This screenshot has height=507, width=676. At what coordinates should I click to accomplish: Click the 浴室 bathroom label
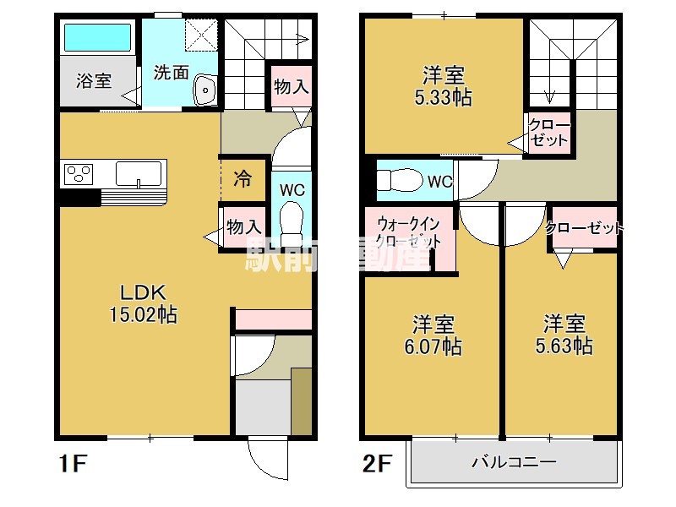tap(94, 81)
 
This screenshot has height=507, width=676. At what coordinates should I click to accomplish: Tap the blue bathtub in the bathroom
tap(98, 37)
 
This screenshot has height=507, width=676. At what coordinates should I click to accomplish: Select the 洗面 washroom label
tap(171, 73)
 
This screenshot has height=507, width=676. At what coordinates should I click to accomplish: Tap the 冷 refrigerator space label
tap(243, 179)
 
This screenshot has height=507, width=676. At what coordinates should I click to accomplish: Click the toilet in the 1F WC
tap(292, 221)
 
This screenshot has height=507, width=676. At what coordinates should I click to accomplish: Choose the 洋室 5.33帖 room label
tap(444, 85)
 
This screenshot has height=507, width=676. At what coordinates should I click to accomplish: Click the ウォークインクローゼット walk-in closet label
tap(409, 232)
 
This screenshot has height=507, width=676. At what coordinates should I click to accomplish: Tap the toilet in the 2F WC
tap(398, 181)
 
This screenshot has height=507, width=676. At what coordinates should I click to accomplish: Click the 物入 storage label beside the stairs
tap(289, 86)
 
